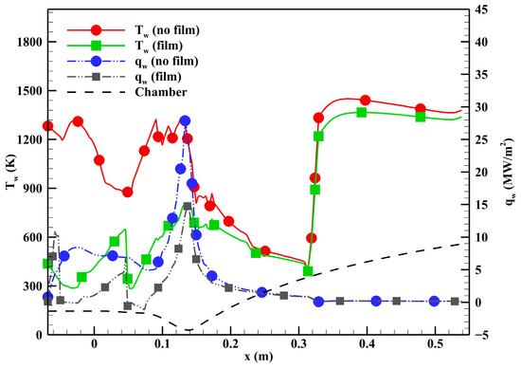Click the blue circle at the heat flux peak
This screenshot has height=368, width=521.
pos(185,120)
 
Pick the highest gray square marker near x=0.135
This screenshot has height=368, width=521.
pos(188,207)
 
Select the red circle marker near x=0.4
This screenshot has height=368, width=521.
pos(366,100)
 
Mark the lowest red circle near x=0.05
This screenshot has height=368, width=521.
pos(127,192)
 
